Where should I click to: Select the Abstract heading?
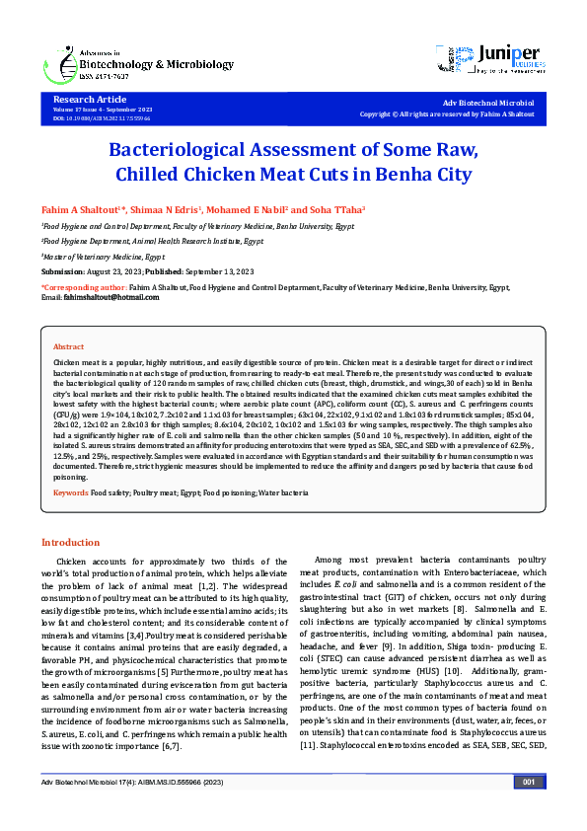pyautogui.click(x=68, y=347)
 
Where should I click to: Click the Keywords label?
pyautogui.click(x=71, y=491)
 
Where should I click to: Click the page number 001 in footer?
pyautogui.click(x=528, y=810)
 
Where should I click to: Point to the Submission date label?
pyautogui.click(x=63, y=270)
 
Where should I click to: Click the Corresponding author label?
pyautogui.click(x=83, y=287)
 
